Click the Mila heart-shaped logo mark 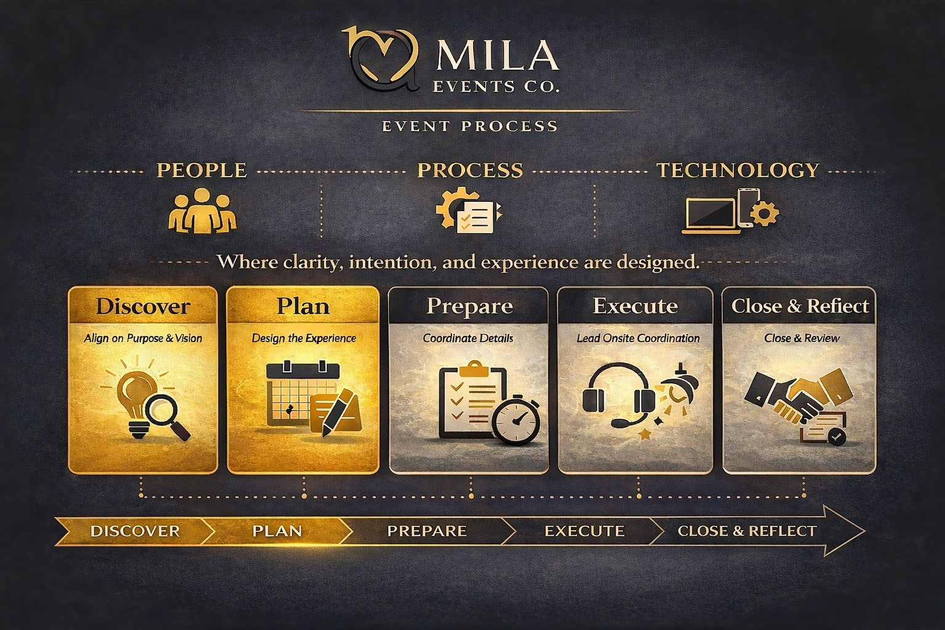tap(383, 59)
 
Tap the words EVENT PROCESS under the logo tap(469, 126)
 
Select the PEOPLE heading tap(202, 170)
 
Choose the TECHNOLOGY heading tap(738, 170)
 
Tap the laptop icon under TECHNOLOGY tap(711, 215)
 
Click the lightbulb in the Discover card tap(135, 397)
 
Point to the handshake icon tap(794, 397)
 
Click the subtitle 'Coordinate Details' tap(468, 338)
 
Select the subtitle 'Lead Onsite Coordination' tap(638, 338)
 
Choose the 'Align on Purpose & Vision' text tap(143, 338)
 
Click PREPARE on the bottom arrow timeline tap(426, 531)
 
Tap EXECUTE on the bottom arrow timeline tap(584, 531)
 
